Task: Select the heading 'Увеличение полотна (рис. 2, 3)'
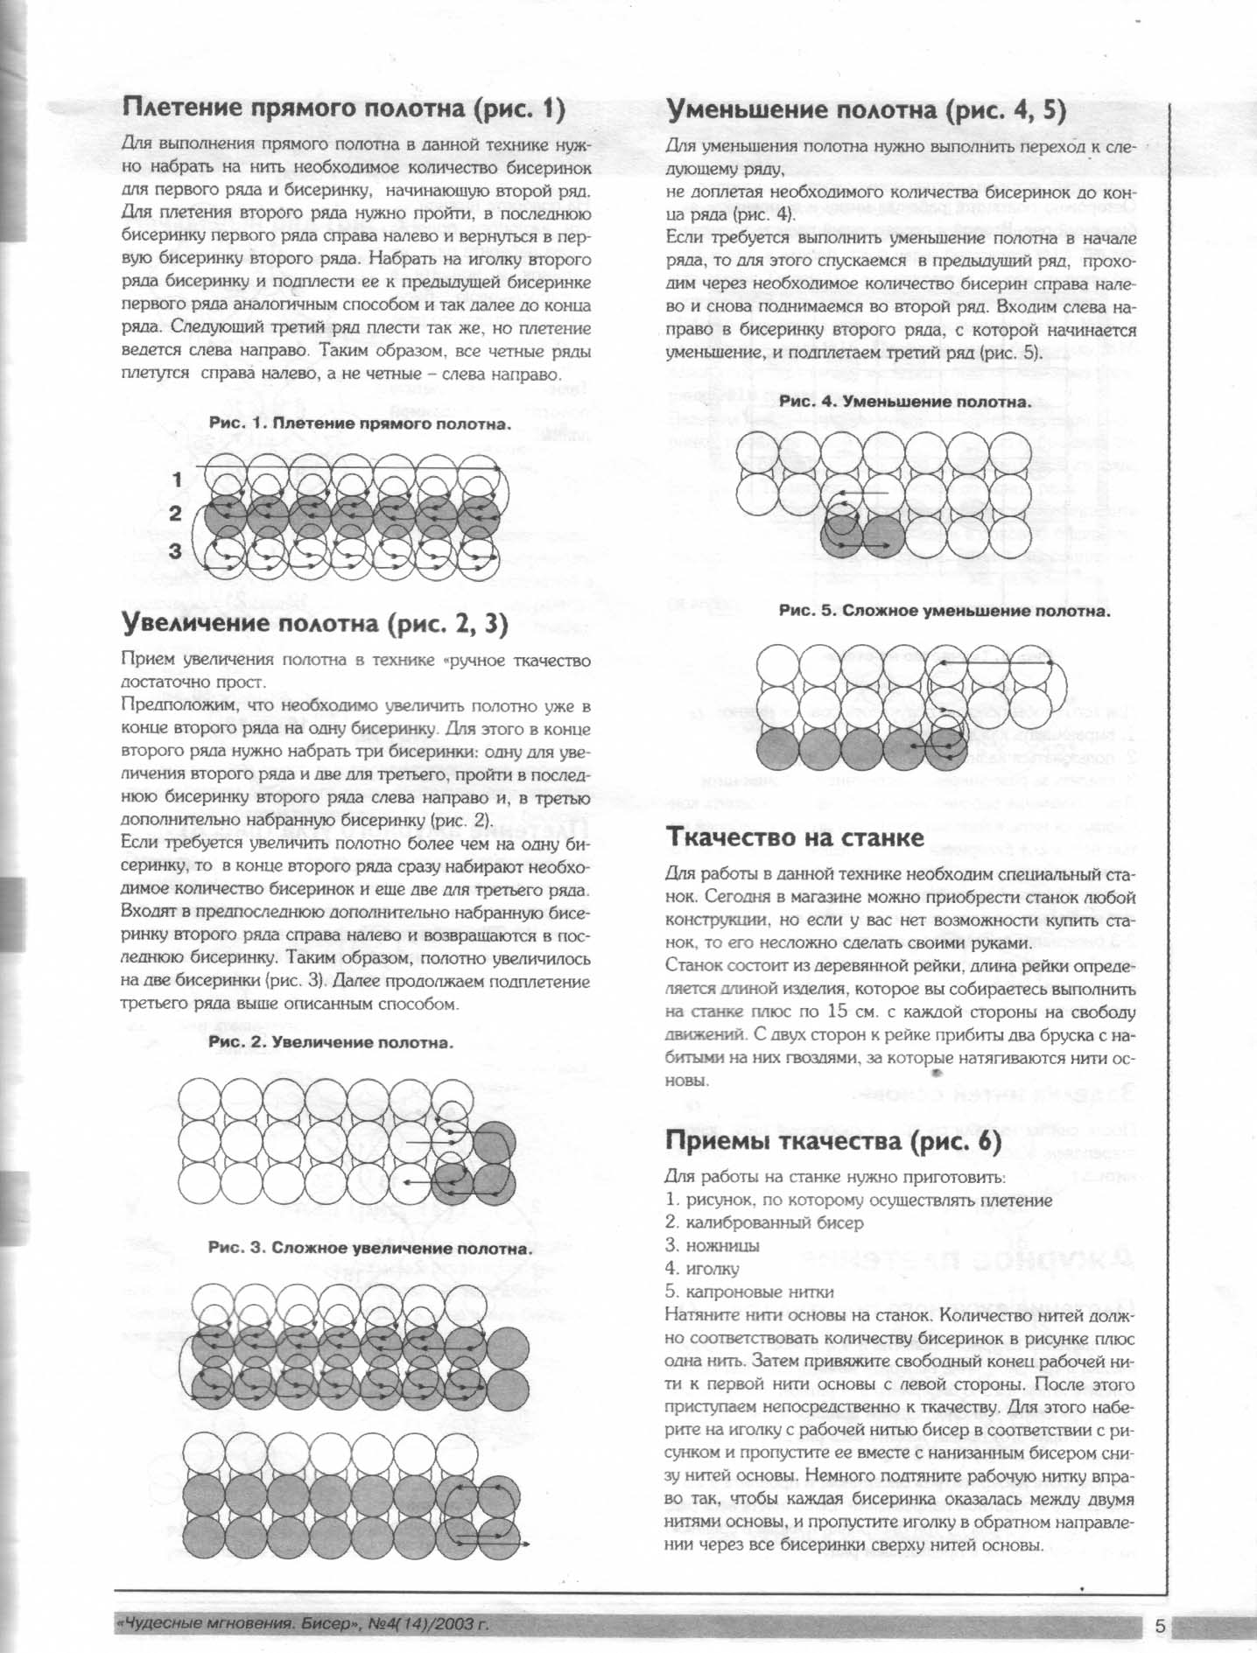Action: tap(313, 623)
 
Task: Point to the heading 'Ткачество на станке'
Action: tap(795, 837)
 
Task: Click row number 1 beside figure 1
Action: tap(178, 479)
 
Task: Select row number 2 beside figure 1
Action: tap(176, 514)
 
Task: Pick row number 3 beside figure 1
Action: tap(176, 550)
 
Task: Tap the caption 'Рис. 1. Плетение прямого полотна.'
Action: tap(360, 424)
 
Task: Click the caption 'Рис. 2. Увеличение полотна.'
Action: tap(331, 1043)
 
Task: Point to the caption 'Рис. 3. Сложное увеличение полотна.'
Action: tap(369, 1248)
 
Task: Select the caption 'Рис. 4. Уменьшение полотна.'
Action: tap(905, 402)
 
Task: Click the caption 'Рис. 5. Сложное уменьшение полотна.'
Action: tap(944, 611)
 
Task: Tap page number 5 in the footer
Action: tap(1161, 1626)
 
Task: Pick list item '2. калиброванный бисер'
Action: tap(764, 1222)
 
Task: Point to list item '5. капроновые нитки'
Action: tap(749, 1292)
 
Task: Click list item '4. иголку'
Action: tap(702, 1268)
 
